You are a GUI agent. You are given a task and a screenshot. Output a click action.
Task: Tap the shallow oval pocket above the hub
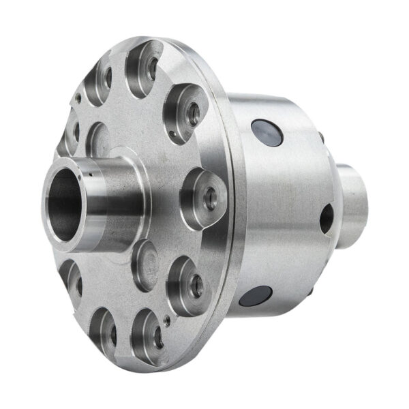click(100, 140)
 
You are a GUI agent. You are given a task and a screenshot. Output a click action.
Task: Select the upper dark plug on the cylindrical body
click(267, 132)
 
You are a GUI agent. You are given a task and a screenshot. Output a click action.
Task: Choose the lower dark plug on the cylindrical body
click(256, 295)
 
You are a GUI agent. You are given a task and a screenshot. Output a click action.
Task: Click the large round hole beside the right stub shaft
click(327, 217)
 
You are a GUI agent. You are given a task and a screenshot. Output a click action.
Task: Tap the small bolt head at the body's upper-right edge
click(321, 137)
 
